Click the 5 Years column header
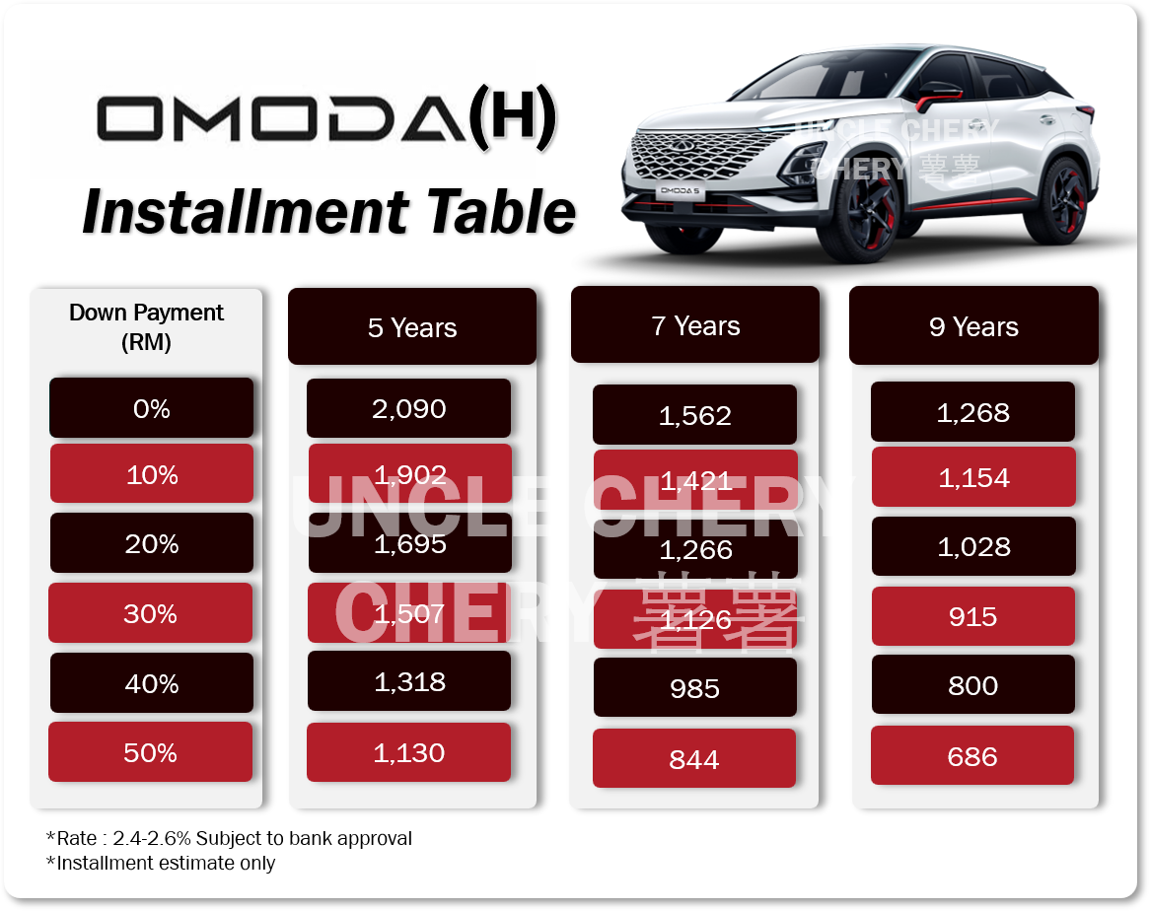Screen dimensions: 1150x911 pos(412,327)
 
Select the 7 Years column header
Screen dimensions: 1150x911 pos(695,324)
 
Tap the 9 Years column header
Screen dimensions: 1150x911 pos(974,325)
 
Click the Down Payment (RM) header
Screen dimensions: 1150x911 pos(146,327)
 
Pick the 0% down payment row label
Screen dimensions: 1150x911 pos(151,407)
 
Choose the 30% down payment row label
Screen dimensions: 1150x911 pos(150,612)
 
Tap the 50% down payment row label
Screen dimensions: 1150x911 pos(150,752)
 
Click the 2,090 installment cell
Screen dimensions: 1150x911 pos(408,408)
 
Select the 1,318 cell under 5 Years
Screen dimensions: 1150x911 pos(409,681)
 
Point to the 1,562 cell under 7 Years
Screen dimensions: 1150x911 pos(694,415)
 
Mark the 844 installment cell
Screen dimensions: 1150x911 pos(693,758)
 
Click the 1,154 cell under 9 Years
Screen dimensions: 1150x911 pos(974,477)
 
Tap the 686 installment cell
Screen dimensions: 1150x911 pos(972,755)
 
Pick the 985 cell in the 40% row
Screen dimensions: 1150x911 pos(695,687)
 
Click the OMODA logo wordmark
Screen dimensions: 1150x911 pos(282,118)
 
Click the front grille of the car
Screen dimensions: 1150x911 pos(696,154)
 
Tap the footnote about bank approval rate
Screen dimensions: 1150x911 pos(229,838)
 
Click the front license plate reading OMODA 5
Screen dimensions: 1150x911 pos(680,190)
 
